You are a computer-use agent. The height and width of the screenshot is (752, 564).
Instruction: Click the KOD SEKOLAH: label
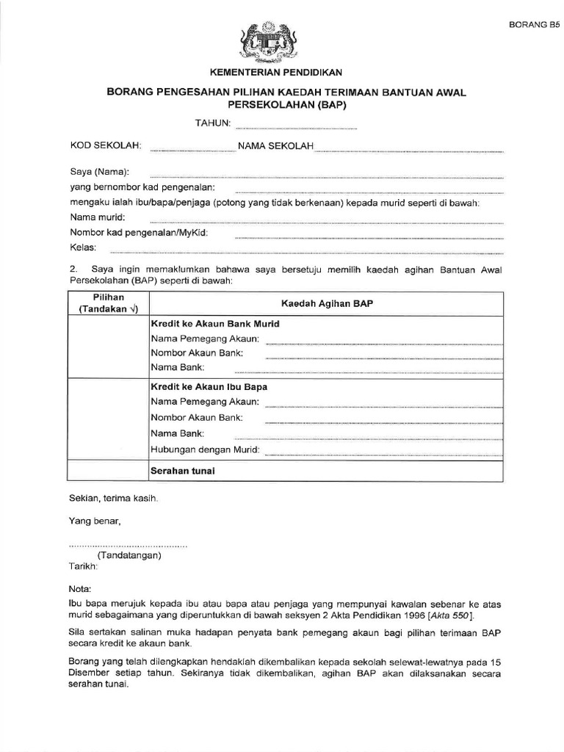click(x=106, y=146)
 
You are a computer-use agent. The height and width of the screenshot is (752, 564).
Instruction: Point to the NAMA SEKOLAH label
click(x=275, y=146)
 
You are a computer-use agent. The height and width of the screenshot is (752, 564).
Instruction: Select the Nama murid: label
click(x=98, y=217)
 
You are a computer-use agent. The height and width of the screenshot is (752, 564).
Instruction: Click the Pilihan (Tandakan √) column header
click(x=109, y=303)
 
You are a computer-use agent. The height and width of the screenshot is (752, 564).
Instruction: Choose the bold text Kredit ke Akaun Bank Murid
click(x=214, y=323)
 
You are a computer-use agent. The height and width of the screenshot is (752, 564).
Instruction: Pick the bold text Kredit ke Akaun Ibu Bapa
click(x=209, y=386)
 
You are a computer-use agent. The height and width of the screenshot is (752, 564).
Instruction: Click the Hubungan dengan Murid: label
click(x=205, y=449)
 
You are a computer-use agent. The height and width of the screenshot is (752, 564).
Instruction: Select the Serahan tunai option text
click(x=182, y=470)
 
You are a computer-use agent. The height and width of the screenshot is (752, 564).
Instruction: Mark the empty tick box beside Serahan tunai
click(x=108, y=471)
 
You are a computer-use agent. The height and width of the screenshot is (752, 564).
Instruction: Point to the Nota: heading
click(x=80, y=589)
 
